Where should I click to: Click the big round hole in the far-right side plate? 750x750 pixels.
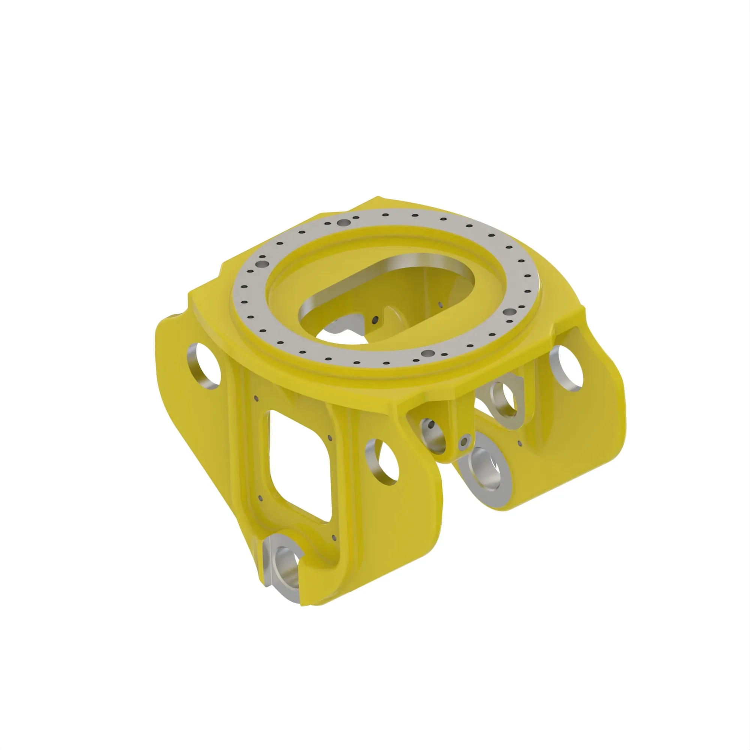point(567,368)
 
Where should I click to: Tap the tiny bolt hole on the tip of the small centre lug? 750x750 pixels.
point(463,442)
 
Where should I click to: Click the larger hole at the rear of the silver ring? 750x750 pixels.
point(343,223)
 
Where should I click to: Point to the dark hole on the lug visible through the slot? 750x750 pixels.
point(375,320)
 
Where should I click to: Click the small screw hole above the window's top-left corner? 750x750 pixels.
point(256,398)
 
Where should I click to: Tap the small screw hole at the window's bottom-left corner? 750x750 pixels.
point(261,498)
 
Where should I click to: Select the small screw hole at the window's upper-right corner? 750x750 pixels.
point(330,438)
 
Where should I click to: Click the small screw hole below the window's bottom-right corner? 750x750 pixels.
point(334,538)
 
